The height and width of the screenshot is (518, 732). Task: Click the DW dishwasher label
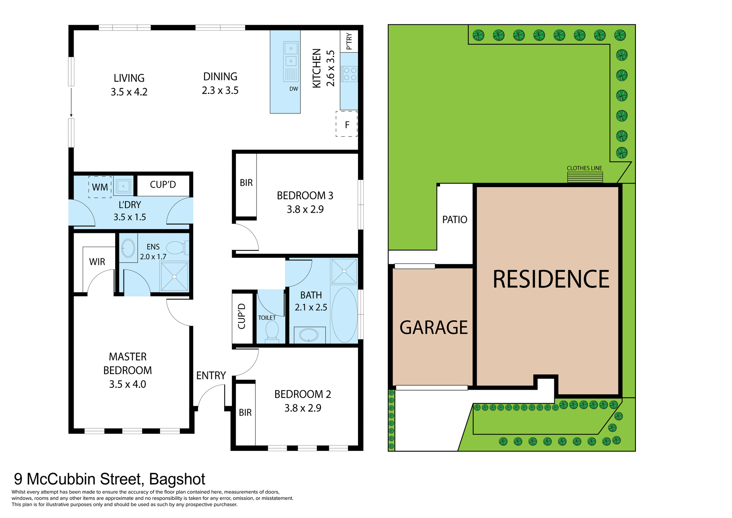coord(294,89)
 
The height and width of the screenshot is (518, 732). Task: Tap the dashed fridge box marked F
coord(347,124)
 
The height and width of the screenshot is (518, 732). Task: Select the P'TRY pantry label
coord(349,41)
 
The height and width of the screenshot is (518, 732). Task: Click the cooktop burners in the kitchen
coord(350,74)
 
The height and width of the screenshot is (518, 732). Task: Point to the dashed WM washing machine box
coord(100,187)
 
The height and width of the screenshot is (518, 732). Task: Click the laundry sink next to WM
coord(123,186)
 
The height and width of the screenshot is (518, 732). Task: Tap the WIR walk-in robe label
coord(97,262)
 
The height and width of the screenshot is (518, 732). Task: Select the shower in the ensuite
coord(174,276)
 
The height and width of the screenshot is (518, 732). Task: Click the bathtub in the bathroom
coord(344,315)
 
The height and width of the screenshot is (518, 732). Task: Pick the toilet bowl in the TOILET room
coord(272,330)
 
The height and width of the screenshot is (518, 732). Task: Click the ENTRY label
coord(211,376)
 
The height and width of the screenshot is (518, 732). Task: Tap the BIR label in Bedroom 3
coord(246,183)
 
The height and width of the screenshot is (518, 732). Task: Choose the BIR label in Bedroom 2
coord(245,413)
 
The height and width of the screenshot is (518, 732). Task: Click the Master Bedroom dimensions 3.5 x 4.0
coord(127,384)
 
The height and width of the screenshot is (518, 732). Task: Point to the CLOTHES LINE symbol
coord(585,177)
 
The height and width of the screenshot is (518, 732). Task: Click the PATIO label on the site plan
coord(454,220)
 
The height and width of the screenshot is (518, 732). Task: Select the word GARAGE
coord(433,328)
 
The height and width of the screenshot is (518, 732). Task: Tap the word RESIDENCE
coord(551,279)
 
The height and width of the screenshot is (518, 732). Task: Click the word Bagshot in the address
coord(177,479)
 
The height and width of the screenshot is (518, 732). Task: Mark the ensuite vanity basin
coord(128,249)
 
